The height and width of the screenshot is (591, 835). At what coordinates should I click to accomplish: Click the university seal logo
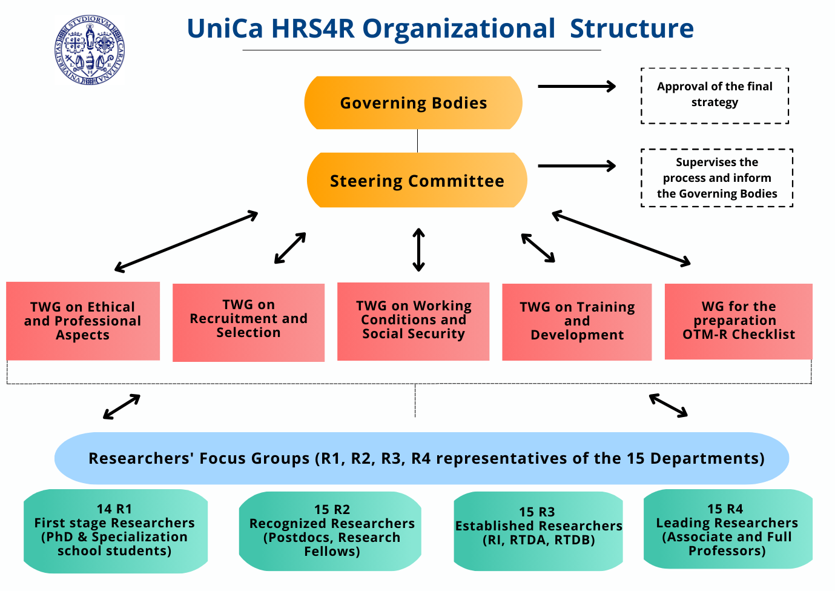coord(90,50)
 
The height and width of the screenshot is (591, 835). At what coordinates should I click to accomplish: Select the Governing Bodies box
coord(413,103)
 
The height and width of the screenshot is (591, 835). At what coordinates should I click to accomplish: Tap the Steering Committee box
coord(417,181)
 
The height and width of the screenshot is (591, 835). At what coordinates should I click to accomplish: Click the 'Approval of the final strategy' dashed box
coord(715,96)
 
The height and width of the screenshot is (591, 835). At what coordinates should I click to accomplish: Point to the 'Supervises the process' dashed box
coord(716,178)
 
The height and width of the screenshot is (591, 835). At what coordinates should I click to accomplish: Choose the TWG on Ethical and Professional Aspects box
coord(83,321)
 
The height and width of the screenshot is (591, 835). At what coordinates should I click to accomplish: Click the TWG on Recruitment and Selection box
coord(248,322)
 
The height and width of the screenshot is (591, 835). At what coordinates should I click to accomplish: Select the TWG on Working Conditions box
coord(413,321)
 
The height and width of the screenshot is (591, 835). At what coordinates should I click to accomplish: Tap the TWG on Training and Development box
coord(576,322)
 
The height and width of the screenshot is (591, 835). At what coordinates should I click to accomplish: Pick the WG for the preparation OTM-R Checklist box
coord(738,321)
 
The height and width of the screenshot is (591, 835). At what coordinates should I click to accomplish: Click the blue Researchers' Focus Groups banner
coord(421,458)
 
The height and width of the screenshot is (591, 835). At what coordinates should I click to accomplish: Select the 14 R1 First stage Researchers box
coord(115,531)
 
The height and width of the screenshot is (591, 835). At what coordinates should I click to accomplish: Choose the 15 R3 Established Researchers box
coord(538,531)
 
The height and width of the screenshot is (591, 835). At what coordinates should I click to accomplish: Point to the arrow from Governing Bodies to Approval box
coord(576,87)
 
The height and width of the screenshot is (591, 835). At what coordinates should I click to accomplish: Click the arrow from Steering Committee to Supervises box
coord(576,166)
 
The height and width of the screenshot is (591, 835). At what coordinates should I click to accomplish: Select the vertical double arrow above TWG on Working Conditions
coord(418,250)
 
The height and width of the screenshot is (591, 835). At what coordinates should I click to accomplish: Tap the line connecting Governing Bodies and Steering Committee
coord(417,141)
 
